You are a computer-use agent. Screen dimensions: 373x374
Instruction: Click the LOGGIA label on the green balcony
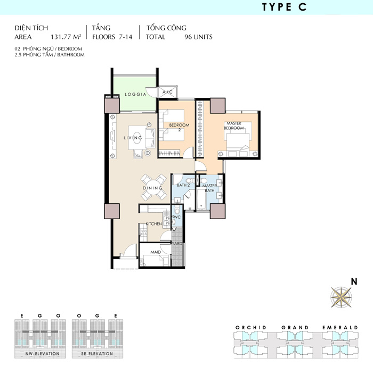(x=135, y=95)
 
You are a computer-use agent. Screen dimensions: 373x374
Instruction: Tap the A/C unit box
(x=168, y=92)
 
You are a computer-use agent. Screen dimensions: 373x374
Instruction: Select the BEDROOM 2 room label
(x=179, y=127)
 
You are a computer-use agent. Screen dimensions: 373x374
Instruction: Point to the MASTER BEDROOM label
(x=234, y=126)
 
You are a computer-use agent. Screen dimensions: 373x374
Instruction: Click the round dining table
(x=153, y=187)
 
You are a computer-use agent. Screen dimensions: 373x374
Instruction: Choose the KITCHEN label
(x=154, y=224)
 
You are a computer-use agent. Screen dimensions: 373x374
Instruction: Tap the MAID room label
(x=156, y=252)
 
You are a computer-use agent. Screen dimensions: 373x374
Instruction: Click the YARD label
(x=177, y=244)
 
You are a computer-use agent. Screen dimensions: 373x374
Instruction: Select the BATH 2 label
(x=183, y=185)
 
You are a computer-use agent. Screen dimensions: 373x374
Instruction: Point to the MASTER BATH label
(x=209, y=188)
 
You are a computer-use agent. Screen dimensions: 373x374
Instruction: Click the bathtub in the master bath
(x=201, y=199)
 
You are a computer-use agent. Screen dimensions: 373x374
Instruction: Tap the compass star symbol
(x=341, y=297)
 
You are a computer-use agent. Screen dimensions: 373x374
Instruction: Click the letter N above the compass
(x=354, y=281)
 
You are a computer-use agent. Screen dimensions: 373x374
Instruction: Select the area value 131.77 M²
(x=66, y=37)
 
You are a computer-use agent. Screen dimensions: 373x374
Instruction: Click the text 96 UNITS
(x=198, y=37)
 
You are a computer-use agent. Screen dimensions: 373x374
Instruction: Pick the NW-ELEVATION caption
(x=42, y=354)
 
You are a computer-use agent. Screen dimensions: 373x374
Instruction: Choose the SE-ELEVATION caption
(x=97, y=354)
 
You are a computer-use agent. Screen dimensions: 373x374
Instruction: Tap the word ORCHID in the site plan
(x=251, y=328)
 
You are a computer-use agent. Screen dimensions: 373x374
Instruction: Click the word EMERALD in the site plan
(x=340, y=328)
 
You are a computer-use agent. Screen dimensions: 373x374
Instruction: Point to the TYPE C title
(x=284, y=7)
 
